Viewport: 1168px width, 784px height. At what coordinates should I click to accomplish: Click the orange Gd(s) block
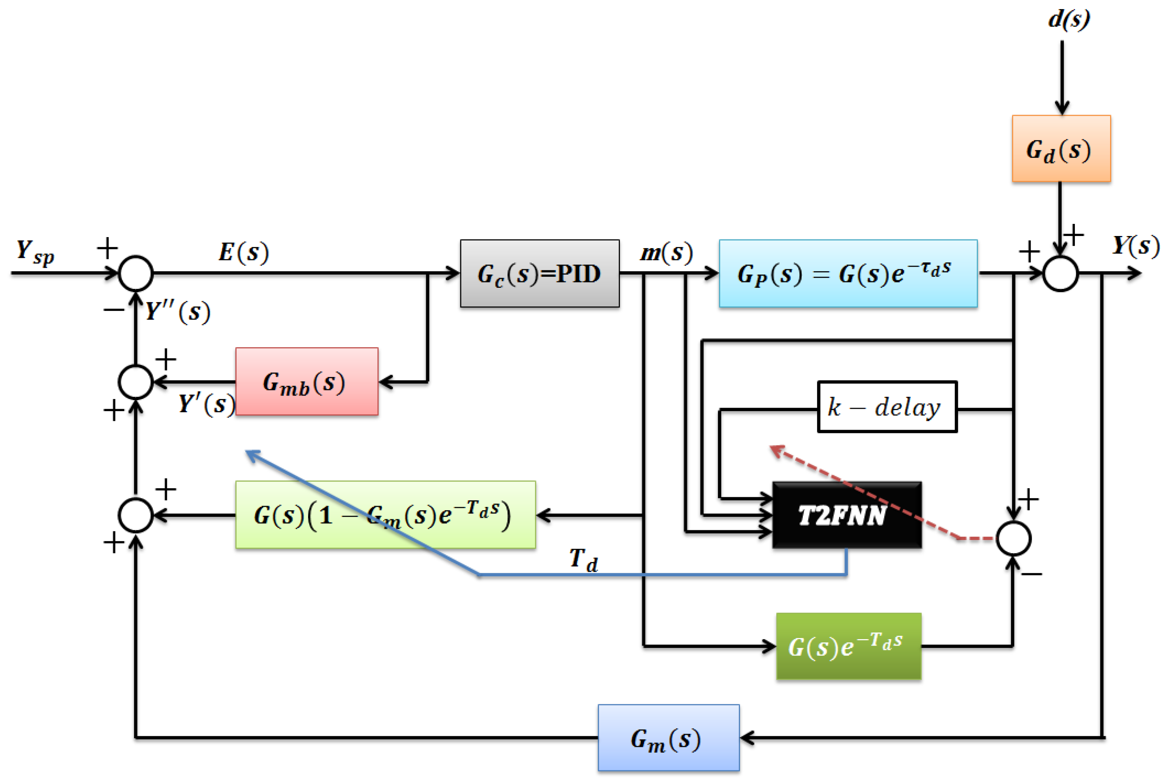[x=1061, y=149]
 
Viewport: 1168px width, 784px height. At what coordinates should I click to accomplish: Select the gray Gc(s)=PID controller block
[x=539, y=273]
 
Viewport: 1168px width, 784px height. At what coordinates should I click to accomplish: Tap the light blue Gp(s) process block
[x=848, y=273]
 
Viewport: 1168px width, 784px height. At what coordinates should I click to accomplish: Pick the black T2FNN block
[x=846, y=515]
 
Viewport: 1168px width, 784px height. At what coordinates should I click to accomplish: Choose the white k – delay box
[x=887, y=407]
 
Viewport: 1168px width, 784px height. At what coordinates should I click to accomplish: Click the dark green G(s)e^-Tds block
[x=848, y=646]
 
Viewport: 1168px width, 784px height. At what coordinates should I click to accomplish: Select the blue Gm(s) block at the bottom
[x=668, y=738]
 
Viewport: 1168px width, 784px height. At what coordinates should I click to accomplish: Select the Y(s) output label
[x=1135, y=246]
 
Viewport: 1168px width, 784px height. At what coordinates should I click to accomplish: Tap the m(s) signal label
[x=666, y=253]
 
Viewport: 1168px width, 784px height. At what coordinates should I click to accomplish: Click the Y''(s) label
[x=178, y=312]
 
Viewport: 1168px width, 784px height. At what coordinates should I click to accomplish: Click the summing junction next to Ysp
[x=135, y=273]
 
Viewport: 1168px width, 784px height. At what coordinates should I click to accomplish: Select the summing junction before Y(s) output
[x=1060, y=273]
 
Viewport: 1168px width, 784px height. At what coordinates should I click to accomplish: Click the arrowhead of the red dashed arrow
[x=775, y=450]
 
